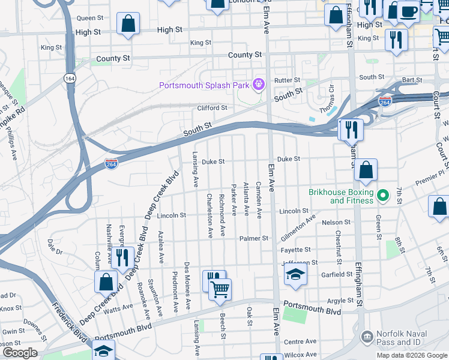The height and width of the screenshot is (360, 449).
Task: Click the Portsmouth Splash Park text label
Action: click(x=203, y=85)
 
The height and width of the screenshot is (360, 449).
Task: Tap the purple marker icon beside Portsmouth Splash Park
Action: click(x=258, y=85)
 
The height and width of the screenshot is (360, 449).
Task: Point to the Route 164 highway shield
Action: click(x=70, y=78)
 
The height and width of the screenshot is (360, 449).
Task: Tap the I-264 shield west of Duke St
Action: click(x=111, y=163)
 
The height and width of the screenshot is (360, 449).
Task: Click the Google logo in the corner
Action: click(x=20, y=353)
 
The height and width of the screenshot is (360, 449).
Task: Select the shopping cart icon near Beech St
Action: click(x=220, y=290)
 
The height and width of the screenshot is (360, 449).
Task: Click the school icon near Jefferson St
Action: click(x=295, y=274)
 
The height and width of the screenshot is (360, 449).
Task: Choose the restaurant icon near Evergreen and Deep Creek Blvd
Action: click(x=123, y=257)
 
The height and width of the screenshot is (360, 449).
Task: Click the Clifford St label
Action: click(x=212, y=108)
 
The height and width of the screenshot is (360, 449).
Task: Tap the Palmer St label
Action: click(x=253, y=238)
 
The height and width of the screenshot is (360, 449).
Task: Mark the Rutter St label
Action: click(x=287, y=80)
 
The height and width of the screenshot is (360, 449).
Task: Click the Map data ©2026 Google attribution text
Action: click(x=411, y=355)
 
